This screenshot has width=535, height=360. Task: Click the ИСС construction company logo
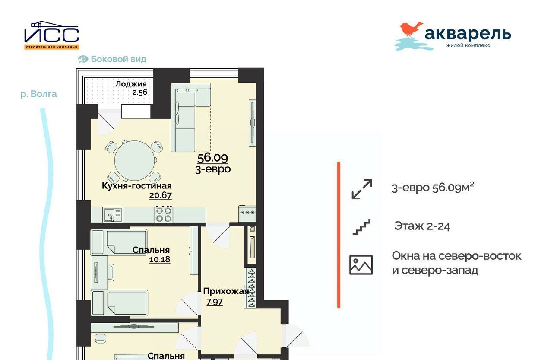51,35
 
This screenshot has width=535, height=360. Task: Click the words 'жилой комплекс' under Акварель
468,45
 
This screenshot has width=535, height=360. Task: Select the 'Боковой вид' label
118,59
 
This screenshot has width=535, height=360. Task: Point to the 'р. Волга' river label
39,94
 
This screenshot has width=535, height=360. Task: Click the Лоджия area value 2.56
140,92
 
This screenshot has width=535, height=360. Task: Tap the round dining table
135,160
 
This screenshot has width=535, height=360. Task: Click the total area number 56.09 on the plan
212,158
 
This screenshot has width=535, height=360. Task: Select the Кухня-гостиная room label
136,186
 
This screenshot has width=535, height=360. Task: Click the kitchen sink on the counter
113,214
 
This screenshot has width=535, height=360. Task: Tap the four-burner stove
164,214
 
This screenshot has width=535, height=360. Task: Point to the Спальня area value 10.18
159,259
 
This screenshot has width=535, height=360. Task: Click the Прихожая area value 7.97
215,302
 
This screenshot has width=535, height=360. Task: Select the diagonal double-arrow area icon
362,189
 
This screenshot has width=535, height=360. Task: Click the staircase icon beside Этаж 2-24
361,227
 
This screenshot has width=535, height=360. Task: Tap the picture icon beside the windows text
361,265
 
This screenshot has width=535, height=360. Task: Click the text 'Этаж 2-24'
422,226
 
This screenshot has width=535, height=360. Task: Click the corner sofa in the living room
190,117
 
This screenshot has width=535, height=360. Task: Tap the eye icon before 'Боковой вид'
83,59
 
